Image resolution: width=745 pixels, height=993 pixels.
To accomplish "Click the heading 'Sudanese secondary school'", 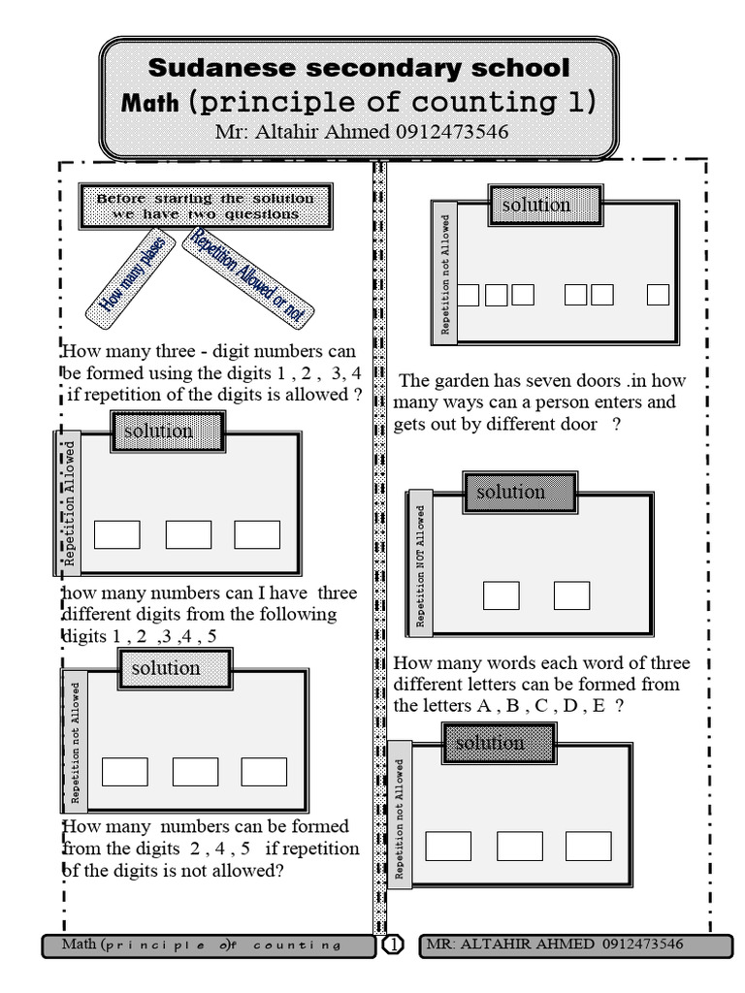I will point(359,68).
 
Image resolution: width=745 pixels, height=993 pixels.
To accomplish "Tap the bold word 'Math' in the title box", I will point(150,103).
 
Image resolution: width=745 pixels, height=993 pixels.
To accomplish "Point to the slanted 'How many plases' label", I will point(131,276).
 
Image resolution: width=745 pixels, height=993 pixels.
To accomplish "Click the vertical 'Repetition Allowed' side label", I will point(69,503).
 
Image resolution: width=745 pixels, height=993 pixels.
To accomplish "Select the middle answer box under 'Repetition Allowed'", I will point(188,534).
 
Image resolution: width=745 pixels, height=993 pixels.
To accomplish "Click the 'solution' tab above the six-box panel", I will point(535,205).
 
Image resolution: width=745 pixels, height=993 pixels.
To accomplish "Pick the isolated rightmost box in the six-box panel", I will point(658,295).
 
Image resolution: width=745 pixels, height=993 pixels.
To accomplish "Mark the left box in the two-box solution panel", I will point(501,595).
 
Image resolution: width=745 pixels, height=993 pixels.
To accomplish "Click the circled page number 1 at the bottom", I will point(393,945).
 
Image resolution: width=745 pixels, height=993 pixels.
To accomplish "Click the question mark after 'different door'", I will point(616,424).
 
